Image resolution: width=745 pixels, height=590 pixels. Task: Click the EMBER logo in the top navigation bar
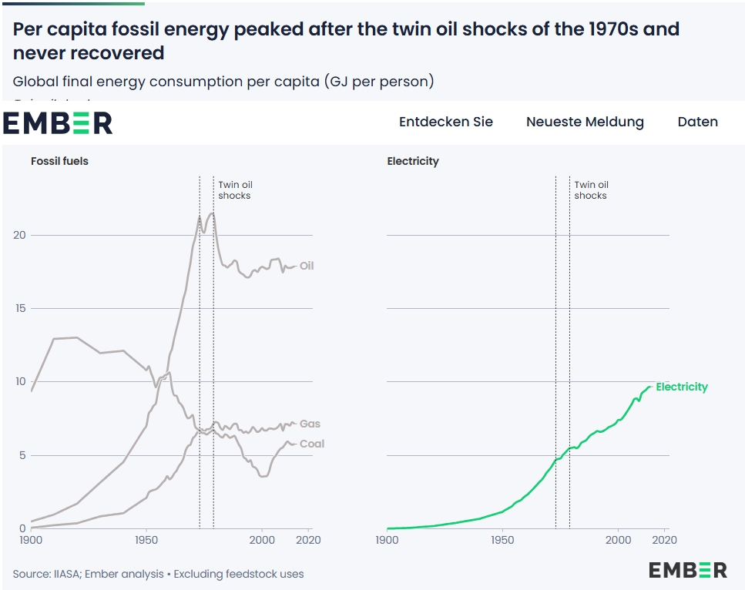(58, 122)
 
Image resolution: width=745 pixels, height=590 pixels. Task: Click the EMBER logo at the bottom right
(687, 570)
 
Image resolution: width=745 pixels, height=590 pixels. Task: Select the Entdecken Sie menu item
(445, 122)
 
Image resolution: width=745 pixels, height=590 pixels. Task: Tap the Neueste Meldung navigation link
(585, 122)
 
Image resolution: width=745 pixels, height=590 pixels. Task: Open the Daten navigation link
(697, 122)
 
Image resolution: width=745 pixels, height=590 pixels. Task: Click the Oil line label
(307, 266)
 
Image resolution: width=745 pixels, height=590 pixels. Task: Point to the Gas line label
(310, 424)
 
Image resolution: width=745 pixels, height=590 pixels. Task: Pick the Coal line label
(312, 444)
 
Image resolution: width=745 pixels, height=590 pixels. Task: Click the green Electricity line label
(681, 387)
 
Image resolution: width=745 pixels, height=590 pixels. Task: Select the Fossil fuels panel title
(59, 161)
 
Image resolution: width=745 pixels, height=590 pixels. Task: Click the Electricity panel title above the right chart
(413, 161)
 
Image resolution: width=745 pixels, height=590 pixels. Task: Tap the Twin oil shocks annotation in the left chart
(235, 190)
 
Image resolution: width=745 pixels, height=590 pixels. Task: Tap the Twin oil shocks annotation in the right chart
(591, 190)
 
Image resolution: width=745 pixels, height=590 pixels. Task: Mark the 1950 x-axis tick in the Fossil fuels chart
(146, 540)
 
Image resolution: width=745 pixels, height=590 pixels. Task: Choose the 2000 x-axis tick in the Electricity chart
(618, 540)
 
